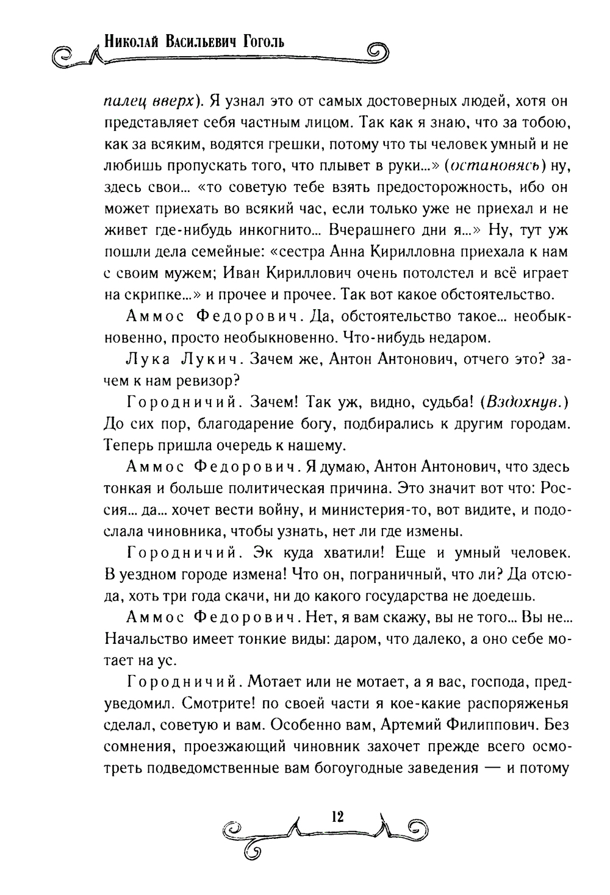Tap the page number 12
pos(335,816)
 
